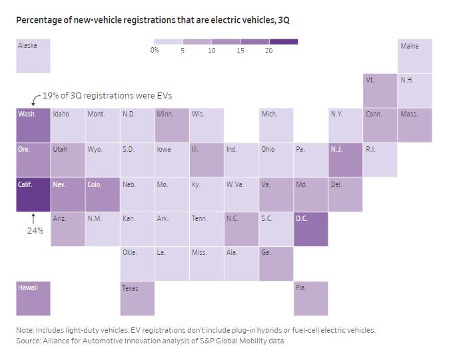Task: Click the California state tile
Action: [x=33, y=194]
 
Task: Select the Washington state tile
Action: [x=33, y=124]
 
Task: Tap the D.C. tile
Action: [x=310, y=229]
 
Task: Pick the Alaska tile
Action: [x=33, y=56]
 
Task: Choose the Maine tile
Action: [x=414, y=56]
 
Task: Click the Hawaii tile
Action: [x=33, y=298]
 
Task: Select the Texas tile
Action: [x=137, y=298]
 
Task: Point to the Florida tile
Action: [x=310, y=298]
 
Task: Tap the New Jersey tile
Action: [x=345, y=160]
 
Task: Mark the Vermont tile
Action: [x=380, y=90]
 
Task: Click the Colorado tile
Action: [x=102, y=194]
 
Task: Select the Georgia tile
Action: [x=276, y=264]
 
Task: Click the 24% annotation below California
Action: [x=35, y=231]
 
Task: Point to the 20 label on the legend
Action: [x=268, y=51]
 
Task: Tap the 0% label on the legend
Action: [x=155, y=51]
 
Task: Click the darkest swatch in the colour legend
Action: [x=284, y=42]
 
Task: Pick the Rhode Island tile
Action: [x=380, y=160]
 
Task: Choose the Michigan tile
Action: [x=276, y=124]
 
